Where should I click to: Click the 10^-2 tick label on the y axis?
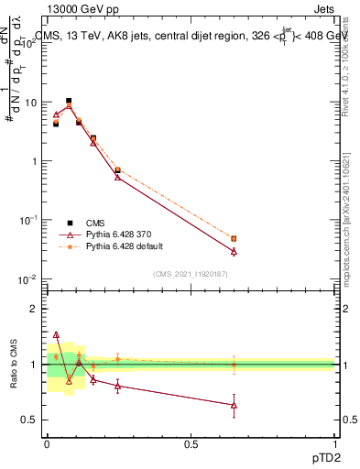pos(28,278)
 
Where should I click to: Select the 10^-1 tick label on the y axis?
pos(28,220)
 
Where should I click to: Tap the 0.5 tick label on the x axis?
pos(191,443)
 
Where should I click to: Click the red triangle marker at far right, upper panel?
pos(235,251)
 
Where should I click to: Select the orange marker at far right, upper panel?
pos(235,238)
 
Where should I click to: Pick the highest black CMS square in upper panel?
pos(69,101)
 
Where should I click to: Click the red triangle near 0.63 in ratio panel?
pos(235,405)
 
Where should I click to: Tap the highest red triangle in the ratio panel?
pos(56,335)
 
